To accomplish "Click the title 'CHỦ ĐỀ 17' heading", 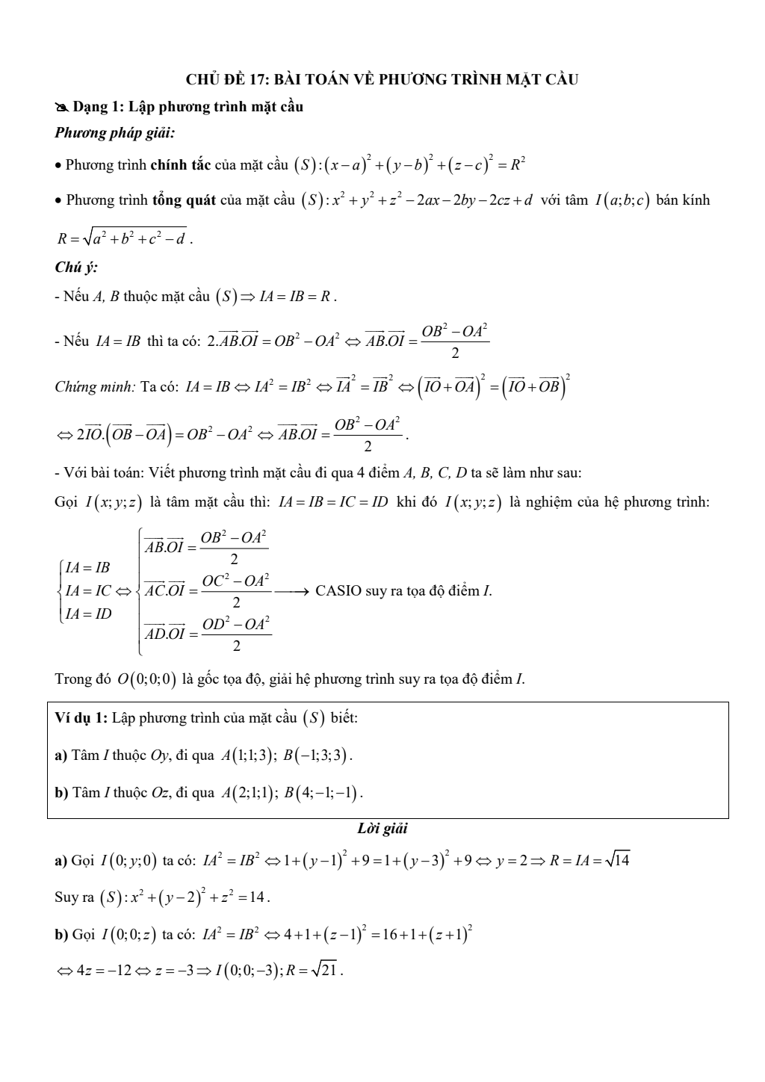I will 382,79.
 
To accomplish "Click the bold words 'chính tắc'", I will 181,164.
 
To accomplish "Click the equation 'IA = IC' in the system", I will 87,591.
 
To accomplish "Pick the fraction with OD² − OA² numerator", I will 236,634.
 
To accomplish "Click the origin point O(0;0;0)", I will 147,679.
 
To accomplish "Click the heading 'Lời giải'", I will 382,828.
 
